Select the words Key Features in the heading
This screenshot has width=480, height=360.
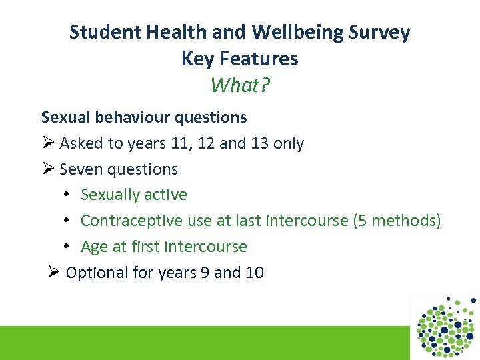(240, 59)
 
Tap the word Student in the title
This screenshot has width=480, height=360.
(101, 32)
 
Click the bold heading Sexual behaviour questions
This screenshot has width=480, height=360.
(144, 117)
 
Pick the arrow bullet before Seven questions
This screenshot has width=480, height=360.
(47, 169)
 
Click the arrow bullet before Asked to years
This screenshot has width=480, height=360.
(47, 143)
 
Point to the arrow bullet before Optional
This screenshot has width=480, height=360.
(54, 272)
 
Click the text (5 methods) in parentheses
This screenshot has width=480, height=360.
(397, 221)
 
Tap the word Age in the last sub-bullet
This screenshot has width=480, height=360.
(95, 247)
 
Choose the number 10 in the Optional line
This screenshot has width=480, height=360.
(254, 272)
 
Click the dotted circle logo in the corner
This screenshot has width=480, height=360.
(446, 327)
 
